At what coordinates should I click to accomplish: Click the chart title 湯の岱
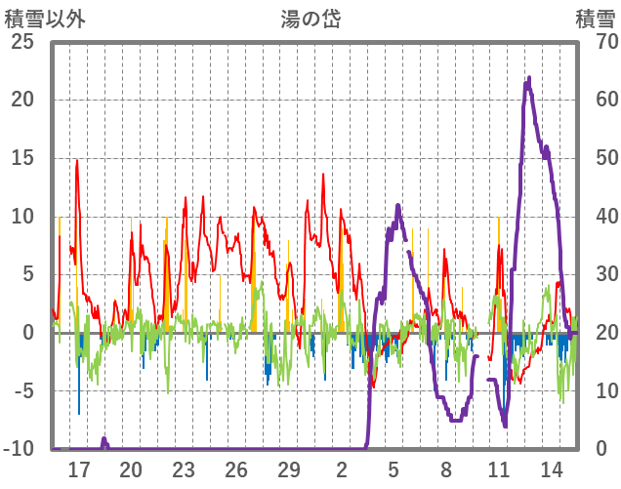[x=310, y=19]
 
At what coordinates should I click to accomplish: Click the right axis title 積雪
[x=595, y=19]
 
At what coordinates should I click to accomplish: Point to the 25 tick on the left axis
[x=21, y=42]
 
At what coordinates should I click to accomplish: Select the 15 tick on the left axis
[x=21, y=158]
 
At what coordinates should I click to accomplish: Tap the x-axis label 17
[x=78, y=469]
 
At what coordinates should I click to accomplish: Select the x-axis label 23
[x=184, y=469]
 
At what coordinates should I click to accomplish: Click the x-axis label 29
[x=289, y=469]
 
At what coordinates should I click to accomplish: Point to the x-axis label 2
[x=342, y=469]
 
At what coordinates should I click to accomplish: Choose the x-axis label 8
[x=446, y=469]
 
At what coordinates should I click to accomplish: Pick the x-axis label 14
[x=552, y=469]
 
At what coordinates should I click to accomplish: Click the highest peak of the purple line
[x=529, y=78]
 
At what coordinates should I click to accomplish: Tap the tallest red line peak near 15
[x=77, y=161]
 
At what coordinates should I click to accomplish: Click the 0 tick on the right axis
[x=600, y=449]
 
